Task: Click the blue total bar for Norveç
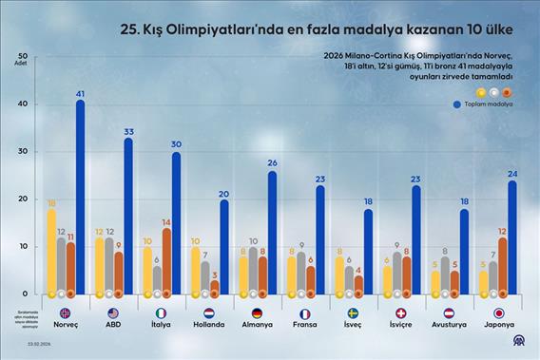click(81, 199)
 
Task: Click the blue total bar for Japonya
click(512, 238)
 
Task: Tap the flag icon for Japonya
click(499, 313)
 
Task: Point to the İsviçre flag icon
click(400, 313)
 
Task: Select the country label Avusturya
click(450, 325)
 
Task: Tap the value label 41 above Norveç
click(81, 92)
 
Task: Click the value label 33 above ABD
click(127, 130)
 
